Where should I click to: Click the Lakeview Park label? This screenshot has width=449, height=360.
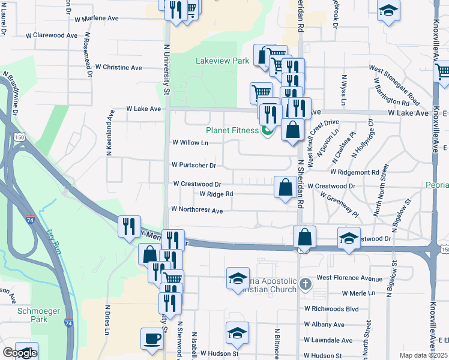click(222, 61)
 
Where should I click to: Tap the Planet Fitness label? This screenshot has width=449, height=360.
click(232, 130)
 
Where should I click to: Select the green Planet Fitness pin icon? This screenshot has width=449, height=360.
click(267, 130)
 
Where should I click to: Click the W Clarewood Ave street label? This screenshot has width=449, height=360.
click(52, 35)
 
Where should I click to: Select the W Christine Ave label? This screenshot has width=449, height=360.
click(118, 67)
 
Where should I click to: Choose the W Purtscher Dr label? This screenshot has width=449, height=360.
click(193, 164)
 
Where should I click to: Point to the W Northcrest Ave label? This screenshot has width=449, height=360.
click(197, 210)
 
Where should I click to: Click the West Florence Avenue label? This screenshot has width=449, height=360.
click(349, 278)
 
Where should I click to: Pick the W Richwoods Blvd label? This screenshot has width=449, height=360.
click(331, 309)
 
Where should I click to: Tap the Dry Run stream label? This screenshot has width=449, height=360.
click(55, 240)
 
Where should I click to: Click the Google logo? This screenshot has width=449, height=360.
click(20, 353)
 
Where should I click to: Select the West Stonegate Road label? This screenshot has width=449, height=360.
click(394, 85)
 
